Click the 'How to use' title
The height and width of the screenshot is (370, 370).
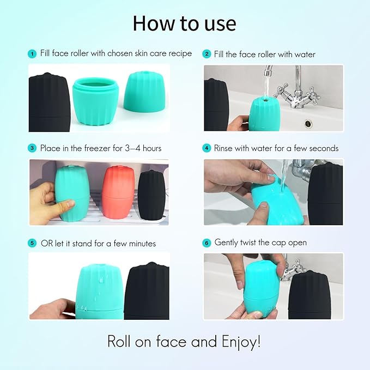pyautogui.click(x=185, y=23)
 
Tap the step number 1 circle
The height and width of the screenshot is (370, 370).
pyautogui.click(x=32, y=54)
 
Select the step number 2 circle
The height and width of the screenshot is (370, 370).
pyautogui.click(x=207, y=54)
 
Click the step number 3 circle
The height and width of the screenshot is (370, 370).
pyautogui.click(x=32, y=148)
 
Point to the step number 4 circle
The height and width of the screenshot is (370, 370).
pyautogui.click(x=207, y=148)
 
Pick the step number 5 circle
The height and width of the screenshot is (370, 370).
pyautogui.click(x=32, y=243)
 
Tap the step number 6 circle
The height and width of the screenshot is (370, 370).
pyautogui.click(x=207, y=242)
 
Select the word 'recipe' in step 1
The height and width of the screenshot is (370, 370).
pyautogui.click(x=178, y=54)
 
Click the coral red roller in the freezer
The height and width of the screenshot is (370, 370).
pyautogui.click(x=118, y=192)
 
